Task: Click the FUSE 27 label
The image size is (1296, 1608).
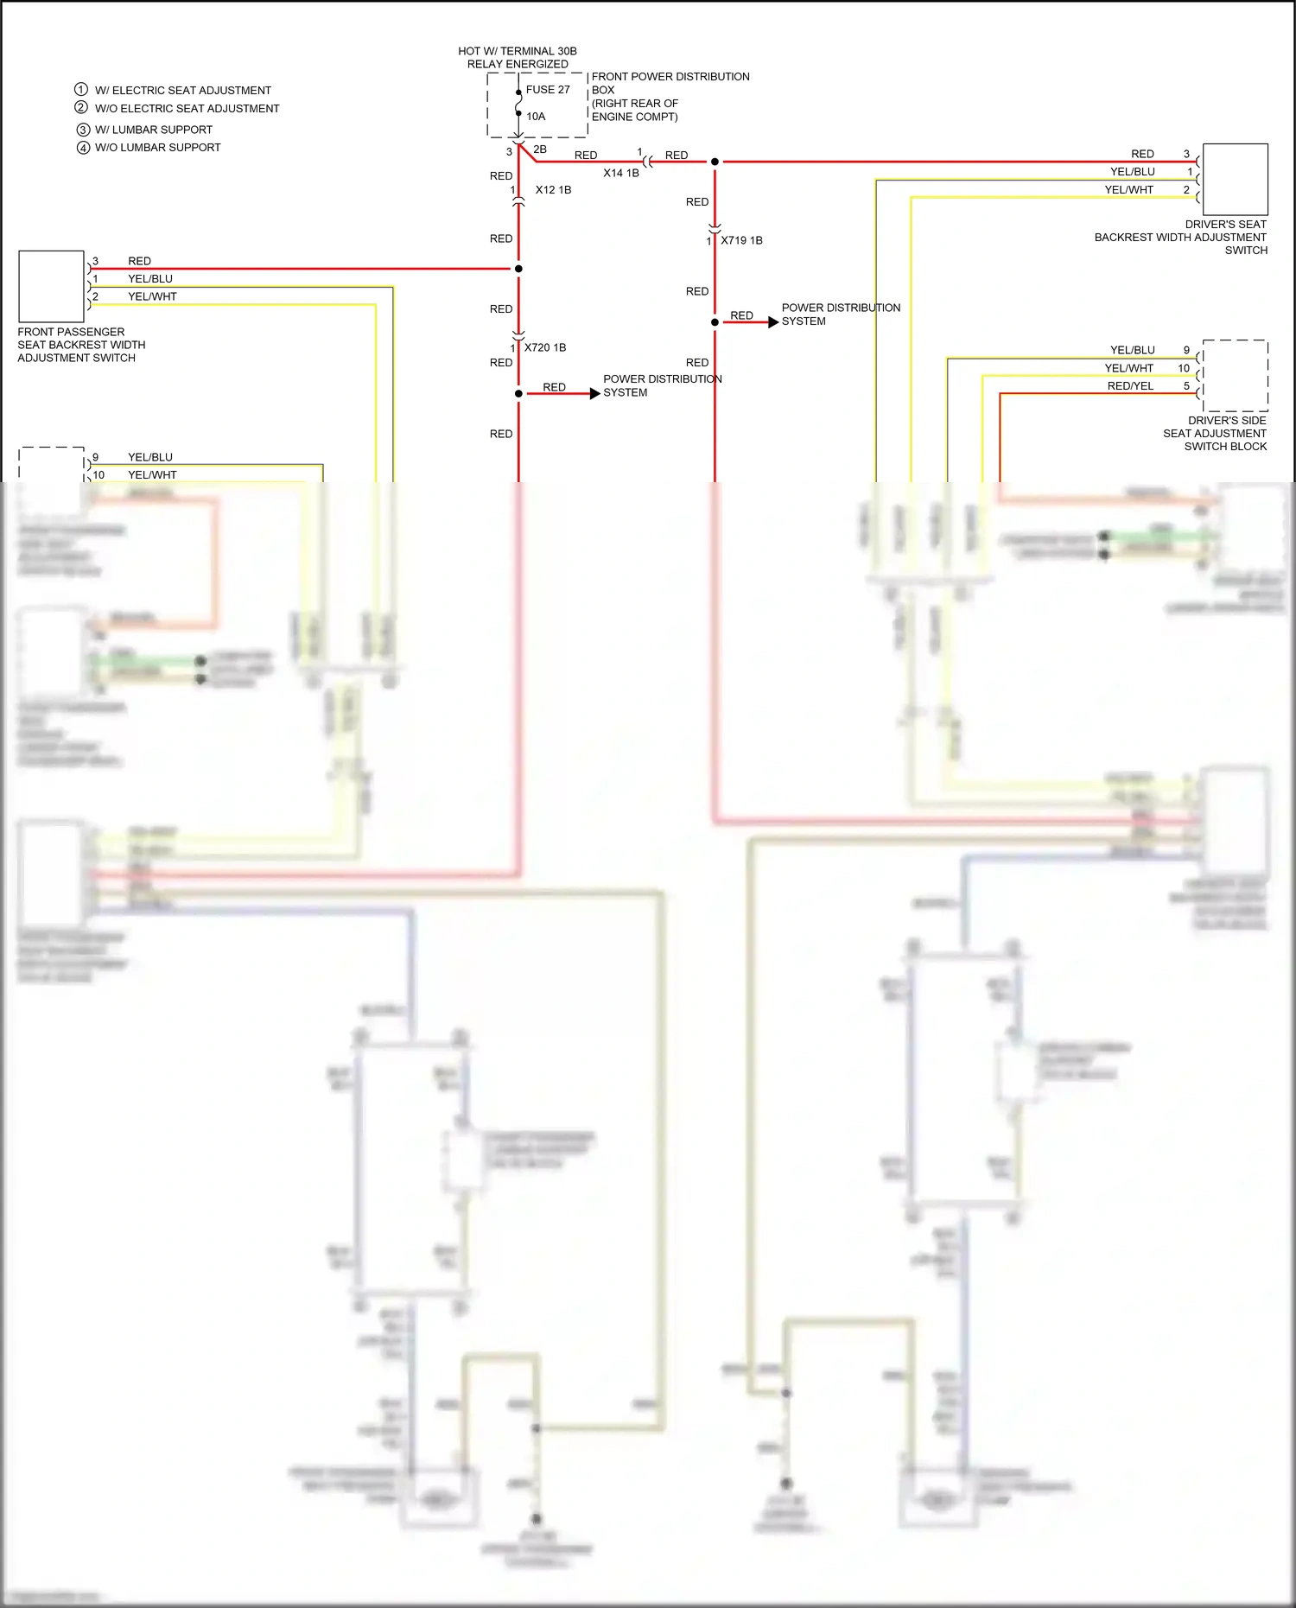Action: point(548,90)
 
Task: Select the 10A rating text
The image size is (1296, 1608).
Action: point(536,117)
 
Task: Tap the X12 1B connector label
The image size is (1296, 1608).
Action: point(553,190)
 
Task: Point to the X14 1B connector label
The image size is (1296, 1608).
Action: point(621,174)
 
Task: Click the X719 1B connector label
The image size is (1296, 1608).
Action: point(741,241)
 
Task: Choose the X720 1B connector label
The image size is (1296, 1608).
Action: point(545,348)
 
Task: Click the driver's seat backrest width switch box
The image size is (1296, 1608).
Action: point(1235,180)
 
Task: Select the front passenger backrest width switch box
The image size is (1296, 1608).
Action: point(51,286)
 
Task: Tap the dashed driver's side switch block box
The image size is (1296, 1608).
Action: point(1235,376)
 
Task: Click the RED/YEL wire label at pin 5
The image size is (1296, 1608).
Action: point(1130,386)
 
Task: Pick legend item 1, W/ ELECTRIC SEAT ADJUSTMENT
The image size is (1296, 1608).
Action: point(182,91)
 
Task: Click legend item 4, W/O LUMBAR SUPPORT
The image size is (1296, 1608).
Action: point(157,148)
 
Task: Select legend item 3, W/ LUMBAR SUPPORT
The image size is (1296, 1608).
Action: point(153,130)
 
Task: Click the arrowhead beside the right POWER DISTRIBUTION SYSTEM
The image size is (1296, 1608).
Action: point(773,322)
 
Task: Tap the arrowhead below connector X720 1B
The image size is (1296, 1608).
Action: point(594,394)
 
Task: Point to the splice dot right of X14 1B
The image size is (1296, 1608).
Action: point(715,162)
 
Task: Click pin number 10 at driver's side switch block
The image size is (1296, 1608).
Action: point(1184,368)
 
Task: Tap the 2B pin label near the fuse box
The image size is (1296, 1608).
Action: point(540,149)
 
